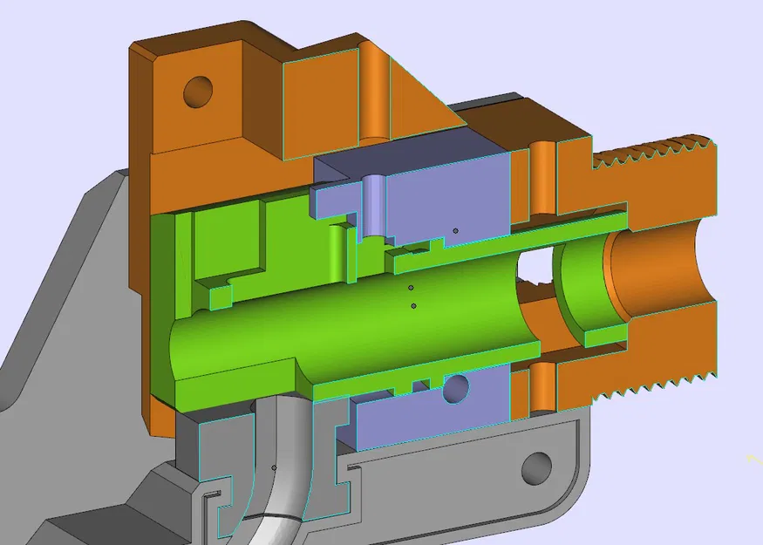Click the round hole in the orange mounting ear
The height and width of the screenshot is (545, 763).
(197, 89)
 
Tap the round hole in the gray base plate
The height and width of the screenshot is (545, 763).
(536, 468)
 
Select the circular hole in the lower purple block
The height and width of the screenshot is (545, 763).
(455, 388)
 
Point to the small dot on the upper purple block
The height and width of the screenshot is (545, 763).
(455, 230)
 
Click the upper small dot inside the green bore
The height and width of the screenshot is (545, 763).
(411, 287)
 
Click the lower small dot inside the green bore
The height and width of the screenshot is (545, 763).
(413, 305)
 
